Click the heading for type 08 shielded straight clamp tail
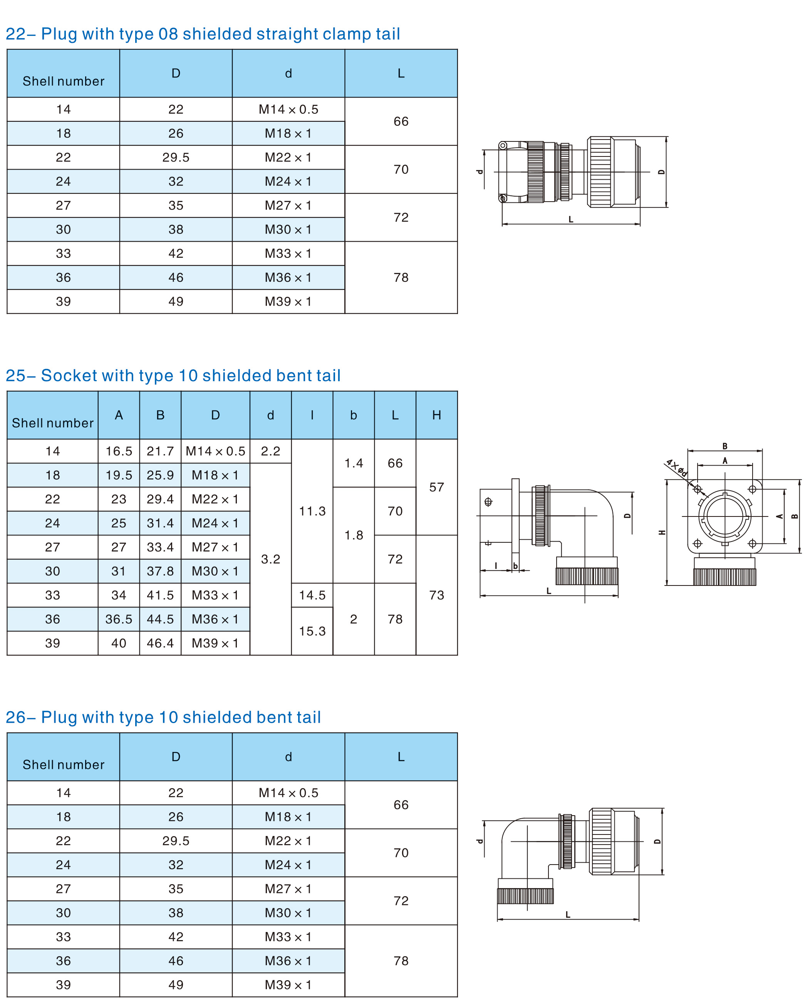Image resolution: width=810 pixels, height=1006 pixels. [x=203, y=34]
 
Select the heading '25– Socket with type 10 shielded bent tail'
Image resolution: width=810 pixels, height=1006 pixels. [x=173, y=375]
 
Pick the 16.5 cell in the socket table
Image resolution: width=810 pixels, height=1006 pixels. [x=119, y=451]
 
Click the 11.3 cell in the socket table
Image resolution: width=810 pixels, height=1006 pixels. [x=312, y=511]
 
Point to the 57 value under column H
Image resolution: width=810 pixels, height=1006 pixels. [x=436, y=487]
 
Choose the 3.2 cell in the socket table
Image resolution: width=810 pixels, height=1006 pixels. [x=271, y=559]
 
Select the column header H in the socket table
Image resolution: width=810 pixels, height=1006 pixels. [x=436, y=415]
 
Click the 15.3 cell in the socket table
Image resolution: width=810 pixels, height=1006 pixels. [x=312, y=631]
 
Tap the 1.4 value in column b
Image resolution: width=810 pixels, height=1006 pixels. [x=354, y=463]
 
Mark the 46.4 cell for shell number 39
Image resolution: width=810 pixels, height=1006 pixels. [x=160, y=643]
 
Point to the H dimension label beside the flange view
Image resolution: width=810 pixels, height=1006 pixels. [x=662, y=532]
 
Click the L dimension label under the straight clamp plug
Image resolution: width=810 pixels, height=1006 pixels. [x=571, y=219]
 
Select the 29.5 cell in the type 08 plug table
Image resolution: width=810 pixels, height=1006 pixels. [x=176, y=157]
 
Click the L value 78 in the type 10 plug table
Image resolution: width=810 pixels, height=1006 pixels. [x=401, y=961]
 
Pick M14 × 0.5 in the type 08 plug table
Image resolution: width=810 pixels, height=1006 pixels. [x=288, y=109]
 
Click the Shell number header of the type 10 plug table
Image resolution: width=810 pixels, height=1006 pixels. [x=64, y=764]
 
